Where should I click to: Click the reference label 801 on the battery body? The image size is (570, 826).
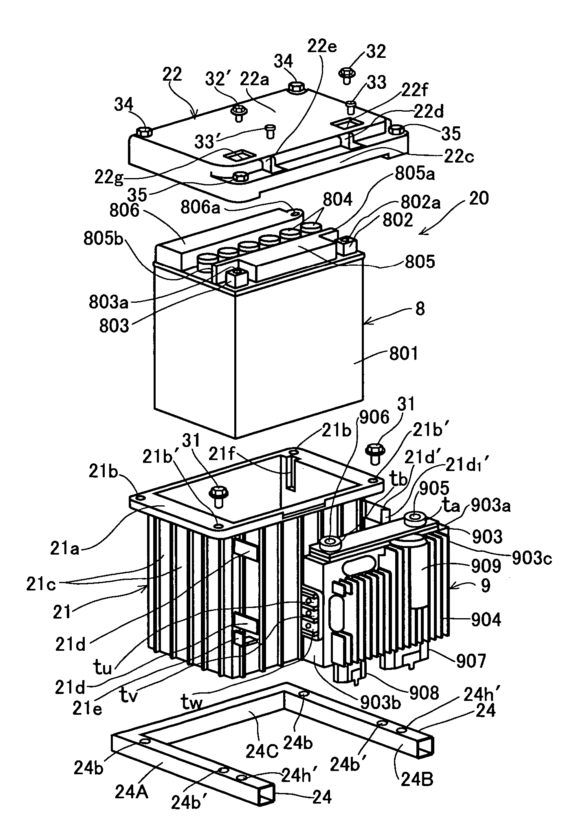point(403,353)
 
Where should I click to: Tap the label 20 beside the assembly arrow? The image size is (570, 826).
point(478,199)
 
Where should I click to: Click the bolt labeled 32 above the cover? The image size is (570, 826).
point(346,74)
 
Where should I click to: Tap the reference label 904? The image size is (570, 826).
point(486,620)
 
